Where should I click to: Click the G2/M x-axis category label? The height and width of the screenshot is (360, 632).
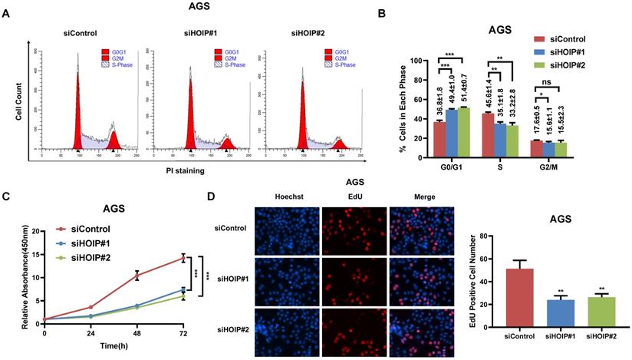pyautogui.click(x=543, y=167)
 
